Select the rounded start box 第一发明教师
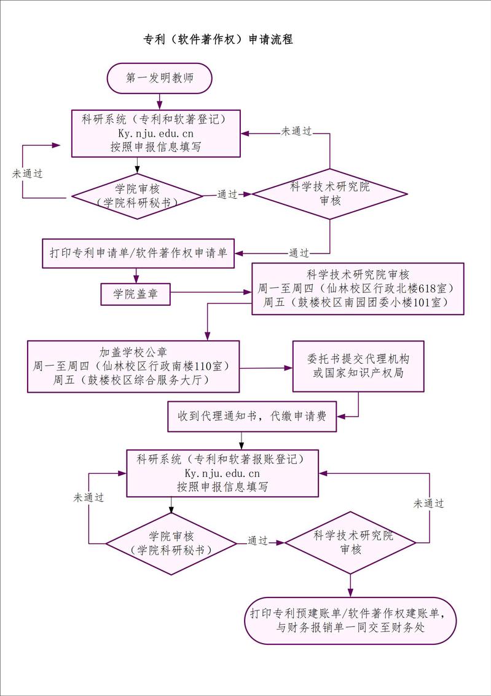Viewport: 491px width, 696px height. (x=160, y=78)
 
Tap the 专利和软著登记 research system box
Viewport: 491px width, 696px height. (x=155, y=133)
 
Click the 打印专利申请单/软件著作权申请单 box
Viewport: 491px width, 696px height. (x=138, y=254)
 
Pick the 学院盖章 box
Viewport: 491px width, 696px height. (x=135, y=294)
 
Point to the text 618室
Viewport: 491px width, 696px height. (x=433, y=288)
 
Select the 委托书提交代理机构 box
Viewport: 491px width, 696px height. (x=358, y=366)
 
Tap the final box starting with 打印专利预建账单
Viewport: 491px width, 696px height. (x=350, y=620)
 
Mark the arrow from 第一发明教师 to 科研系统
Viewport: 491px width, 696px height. (x=160, y=100)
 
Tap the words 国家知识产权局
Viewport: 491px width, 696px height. (x=368, y=374)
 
